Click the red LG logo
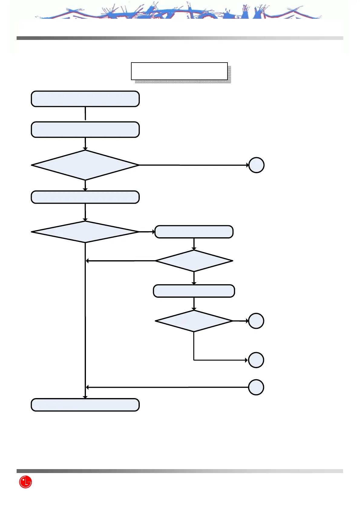coord(25,482)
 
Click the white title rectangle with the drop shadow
coord(179,71)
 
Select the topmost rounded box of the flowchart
coord(85,99)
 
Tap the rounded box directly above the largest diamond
coord(85,130)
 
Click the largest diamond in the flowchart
coord(85,165)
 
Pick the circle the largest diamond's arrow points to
coord(256,165)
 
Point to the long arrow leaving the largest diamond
coord(194,165)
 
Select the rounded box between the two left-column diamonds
coord(85,197)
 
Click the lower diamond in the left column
coord(85,232)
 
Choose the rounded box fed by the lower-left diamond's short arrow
coord(194,232)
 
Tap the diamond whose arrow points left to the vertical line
coord(194,261)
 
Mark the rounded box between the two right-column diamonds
coord(194,291)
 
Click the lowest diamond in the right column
coord(194,321)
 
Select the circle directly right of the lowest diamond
coord(256,321)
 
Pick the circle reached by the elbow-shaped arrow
coord(256,360)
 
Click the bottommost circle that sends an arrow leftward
coord(256,387)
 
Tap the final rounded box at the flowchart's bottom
coord(85,405)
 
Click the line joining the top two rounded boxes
coord(85,114)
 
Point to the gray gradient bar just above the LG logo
coord(180,471)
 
